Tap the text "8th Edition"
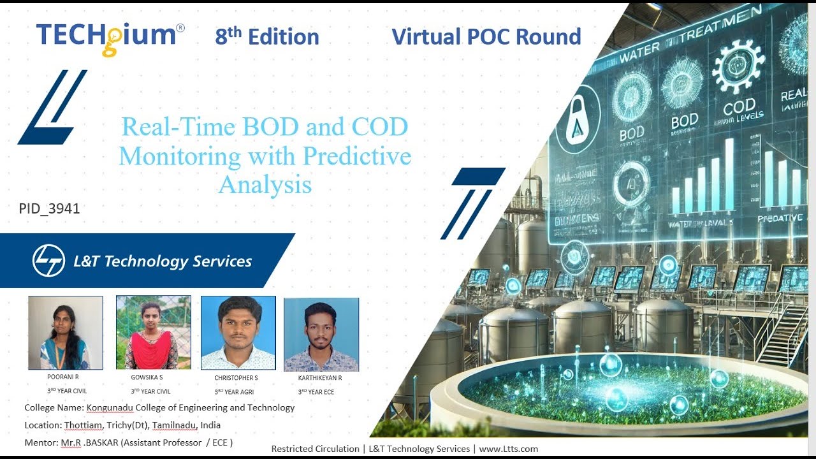(x=267, y=37)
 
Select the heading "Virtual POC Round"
(x=486, y=36)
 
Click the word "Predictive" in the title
(x=357, y=156)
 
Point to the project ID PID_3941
(x=50, y=208)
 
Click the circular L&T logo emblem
(x=48, y=261)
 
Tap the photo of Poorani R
(x=65, y=333)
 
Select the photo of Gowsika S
(x=153, y=333)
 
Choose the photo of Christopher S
(x=238, y=333)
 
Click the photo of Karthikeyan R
(x=321, y=335)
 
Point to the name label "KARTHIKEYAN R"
(x=320, y=378)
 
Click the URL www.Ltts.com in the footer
(x=508, y=449)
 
